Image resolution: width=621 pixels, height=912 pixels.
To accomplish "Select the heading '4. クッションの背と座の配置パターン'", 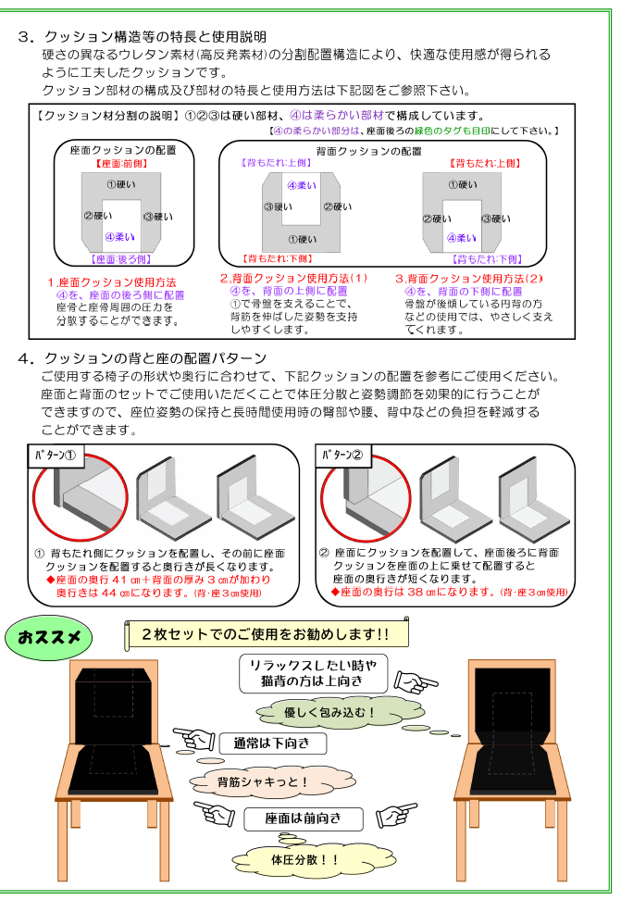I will [143, 358].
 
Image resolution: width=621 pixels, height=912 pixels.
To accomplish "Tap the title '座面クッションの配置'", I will [123, 149].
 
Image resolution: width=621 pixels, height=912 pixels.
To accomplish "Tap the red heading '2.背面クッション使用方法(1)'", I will [293, 278].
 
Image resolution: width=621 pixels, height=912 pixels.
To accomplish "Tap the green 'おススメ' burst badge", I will [47, 638].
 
